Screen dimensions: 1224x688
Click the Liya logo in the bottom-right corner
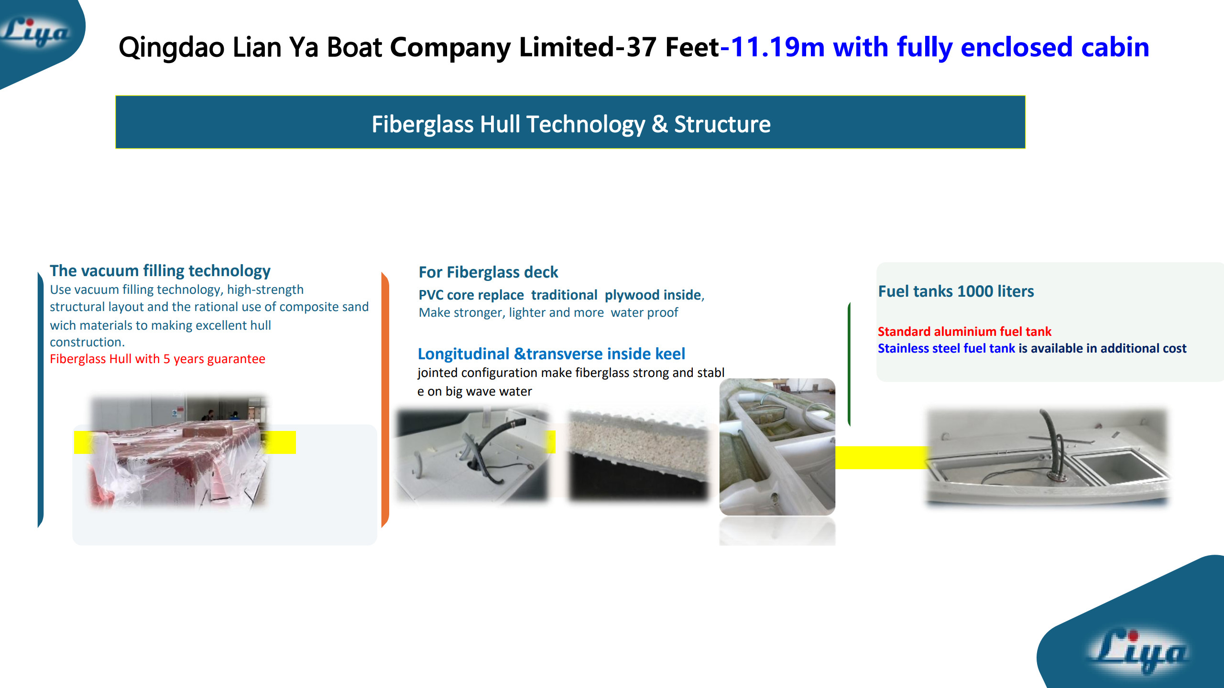1138,650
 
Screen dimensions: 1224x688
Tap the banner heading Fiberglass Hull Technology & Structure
571,124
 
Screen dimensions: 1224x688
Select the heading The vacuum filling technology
160,271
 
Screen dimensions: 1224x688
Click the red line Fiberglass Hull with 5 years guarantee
157,359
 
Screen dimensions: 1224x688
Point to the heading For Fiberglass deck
488,272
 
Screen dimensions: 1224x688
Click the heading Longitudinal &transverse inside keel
551,354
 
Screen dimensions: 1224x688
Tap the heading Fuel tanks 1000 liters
956,291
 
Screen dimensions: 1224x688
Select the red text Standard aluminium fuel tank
964,332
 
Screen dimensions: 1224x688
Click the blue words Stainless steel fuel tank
946,348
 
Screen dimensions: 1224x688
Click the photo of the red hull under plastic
178,451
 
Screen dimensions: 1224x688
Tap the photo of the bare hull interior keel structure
777,447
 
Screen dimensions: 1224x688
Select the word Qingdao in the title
171,48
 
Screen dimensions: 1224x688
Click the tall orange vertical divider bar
385,399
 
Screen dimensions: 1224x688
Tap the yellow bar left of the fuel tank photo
881,457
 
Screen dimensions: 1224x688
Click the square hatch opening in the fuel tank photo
1119,466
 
